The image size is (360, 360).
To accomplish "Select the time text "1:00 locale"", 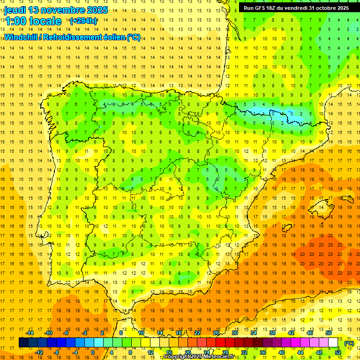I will (33, 21).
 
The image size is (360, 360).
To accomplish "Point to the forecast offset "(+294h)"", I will (83, 21).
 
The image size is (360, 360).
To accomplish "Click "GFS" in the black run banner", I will (262, 8).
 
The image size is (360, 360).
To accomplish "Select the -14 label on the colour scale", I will (30, 333).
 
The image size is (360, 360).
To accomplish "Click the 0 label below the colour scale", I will (92, 352).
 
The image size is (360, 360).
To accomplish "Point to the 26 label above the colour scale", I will (216, 333).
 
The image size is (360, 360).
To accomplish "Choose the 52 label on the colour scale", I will (338, 352).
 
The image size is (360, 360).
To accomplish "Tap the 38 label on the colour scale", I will (272, 333).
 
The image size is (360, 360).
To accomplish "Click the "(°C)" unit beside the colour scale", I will (349, 343).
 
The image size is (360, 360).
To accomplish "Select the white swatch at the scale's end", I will (333, 343).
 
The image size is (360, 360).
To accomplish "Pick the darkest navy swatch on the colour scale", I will (23, 343).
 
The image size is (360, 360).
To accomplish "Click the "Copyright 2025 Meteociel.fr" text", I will (205, 357).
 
